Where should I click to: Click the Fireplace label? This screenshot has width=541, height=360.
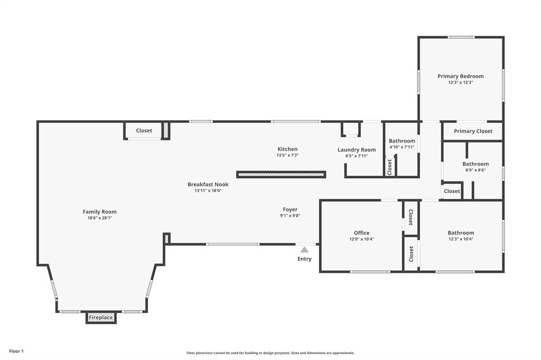[100, 318]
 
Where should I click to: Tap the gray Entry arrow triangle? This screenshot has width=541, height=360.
[304, 250]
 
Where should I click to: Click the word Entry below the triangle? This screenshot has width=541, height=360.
[304, 259]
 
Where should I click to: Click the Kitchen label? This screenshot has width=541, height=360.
[287, 149]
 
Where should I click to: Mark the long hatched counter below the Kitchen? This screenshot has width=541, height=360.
[281, 174]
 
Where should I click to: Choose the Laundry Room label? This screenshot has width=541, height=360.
[357, 150]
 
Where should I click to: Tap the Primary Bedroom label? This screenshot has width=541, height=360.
[460, 76]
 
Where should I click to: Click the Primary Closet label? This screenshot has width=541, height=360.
[473, 131]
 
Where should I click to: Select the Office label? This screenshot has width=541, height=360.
[361, 233]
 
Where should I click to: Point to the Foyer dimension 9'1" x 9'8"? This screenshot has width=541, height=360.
[290, 215]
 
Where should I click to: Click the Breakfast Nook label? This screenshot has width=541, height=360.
[208, 184]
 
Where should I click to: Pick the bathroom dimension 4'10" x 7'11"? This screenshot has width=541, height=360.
[402, 147]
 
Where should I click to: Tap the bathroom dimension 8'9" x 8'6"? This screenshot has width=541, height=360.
[475, 170]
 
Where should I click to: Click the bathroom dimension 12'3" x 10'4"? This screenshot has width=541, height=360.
[461, 239]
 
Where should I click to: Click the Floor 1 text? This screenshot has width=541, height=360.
[16, 351]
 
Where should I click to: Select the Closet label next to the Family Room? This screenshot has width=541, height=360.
[144, 130]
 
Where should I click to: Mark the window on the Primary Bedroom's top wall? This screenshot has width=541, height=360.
[461, 37]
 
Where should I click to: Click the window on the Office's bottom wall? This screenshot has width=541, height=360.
[370, 272]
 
